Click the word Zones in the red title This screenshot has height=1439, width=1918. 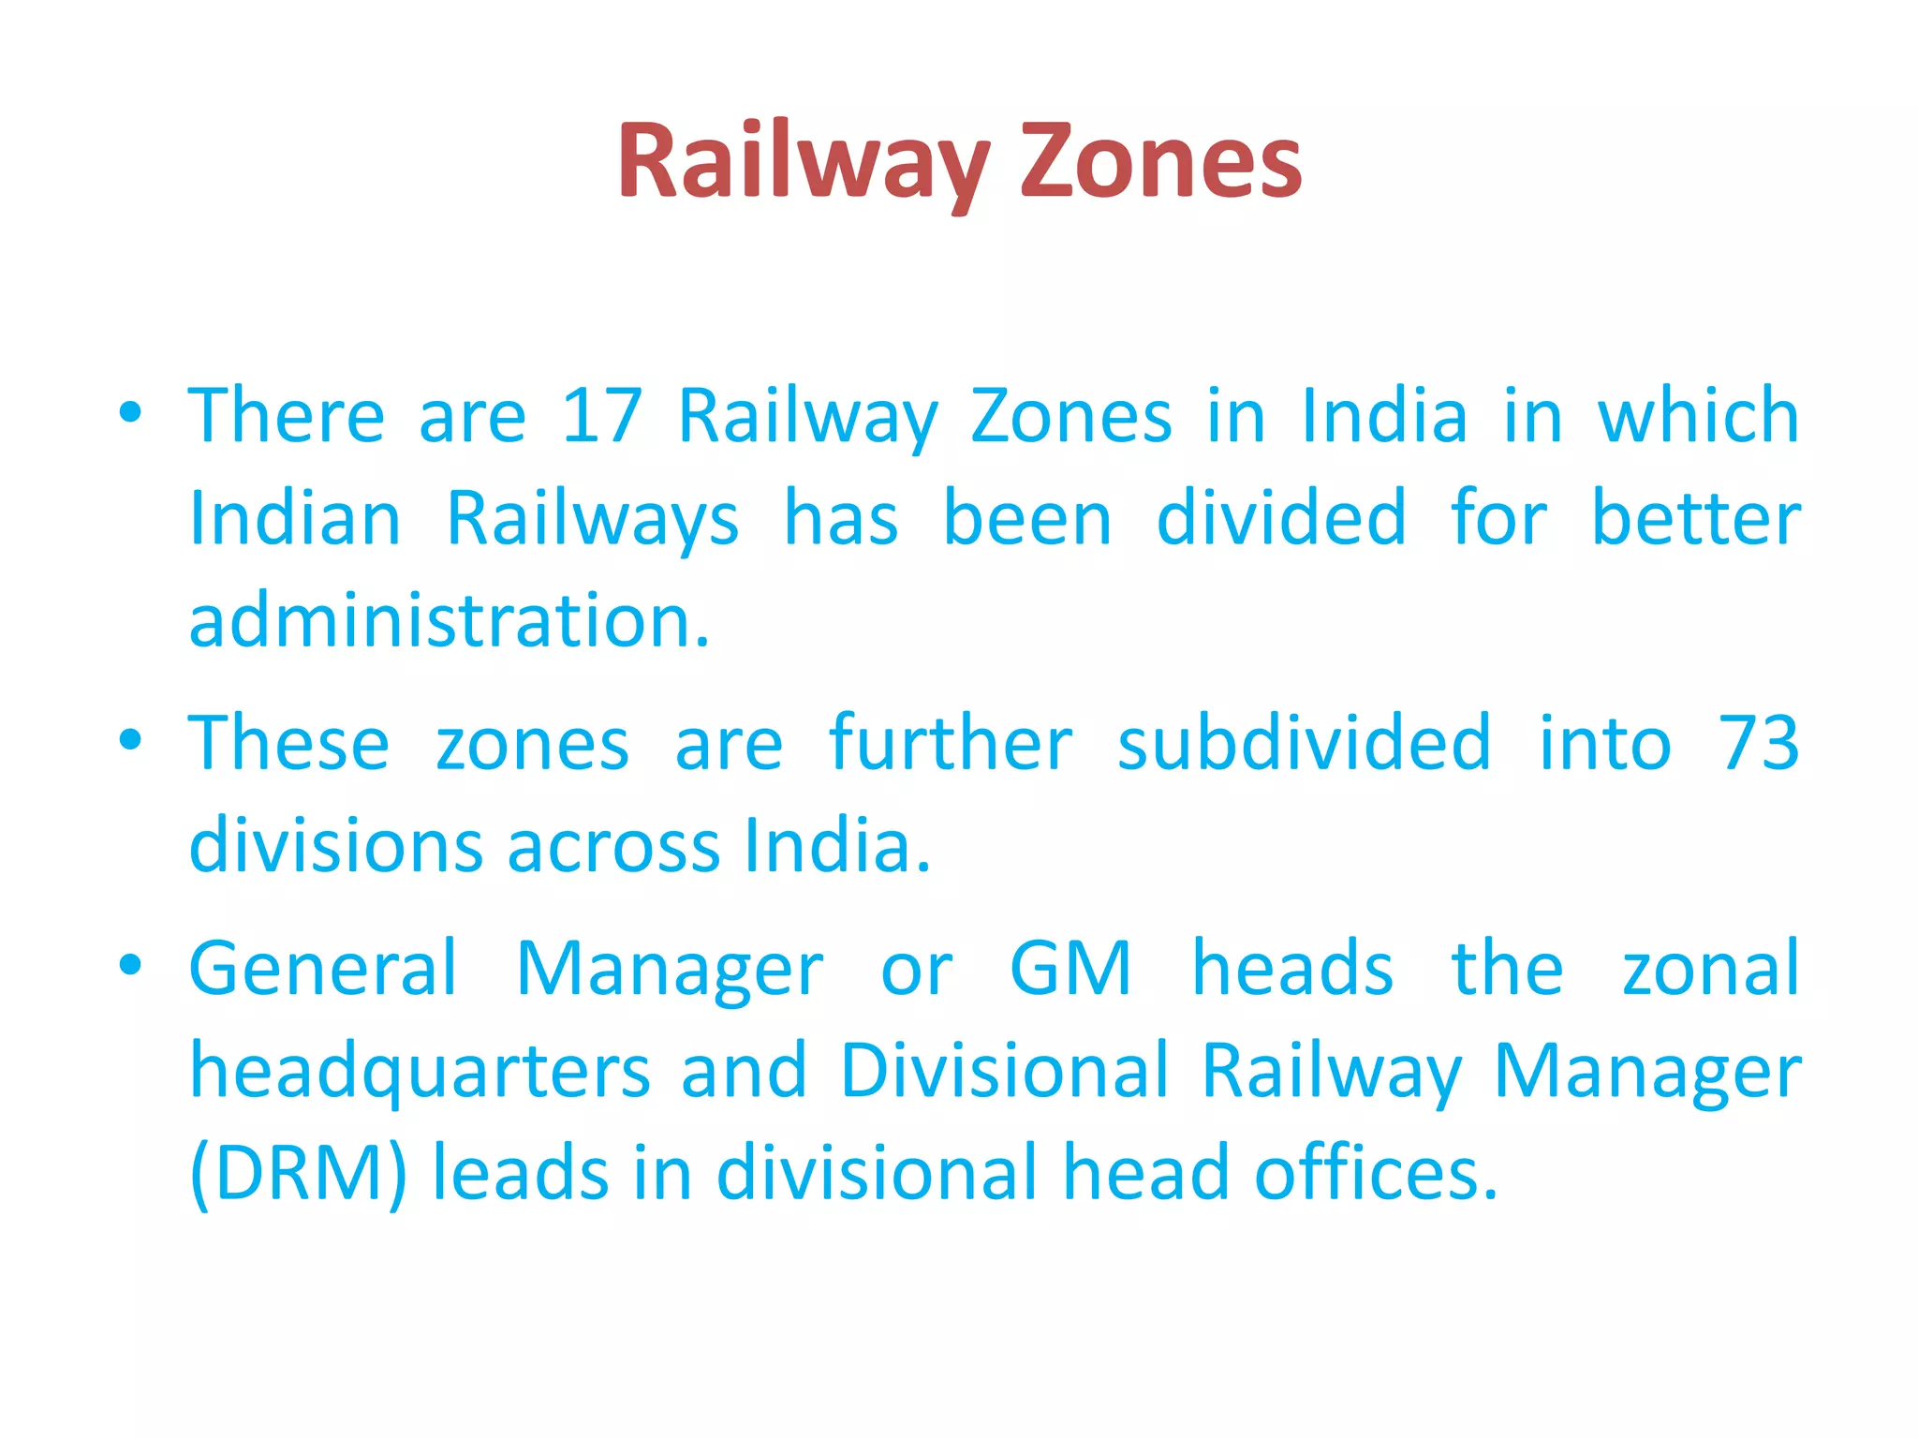click(x=1160, y=161)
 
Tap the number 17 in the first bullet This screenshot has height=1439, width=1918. click(x=601, y=416)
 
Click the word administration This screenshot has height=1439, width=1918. click(x=450, y=621)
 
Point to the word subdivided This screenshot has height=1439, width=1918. click(x=1304, y=743)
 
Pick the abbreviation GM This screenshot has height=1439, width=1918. click(x=1070, y=969)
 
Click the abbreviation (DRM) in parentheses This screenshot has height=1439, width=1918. click(x=299, y=1174)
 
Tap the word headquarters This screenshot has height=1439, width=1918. click(x=420, y=1071)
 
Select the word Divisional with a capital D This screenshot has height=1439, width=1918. click(x=1005, y=1071)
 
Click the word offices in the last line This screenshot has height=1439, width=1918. click(x=1376, y=1174)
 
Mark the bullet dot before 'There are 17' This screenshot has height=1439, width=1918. click(x=130, y=411)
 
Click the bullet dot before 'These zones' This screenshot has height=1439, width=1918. click(x=130, y=739)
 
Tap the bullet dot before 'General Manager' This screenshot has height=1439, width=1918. click(x=130, y=964)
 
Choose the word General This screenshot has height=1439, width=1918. click(x=323, y=969)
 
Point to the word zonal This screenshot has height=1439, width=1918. click(x=1710, y=969)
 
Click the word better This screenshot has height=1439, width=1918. click(x=1696, y=519)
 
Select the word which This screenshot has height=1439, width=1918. click(x=1698, y=416)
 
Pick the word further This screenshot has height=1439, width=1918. click(x=951, y=743)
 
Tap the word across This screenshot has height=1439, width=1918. click(x=613, y=846)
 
